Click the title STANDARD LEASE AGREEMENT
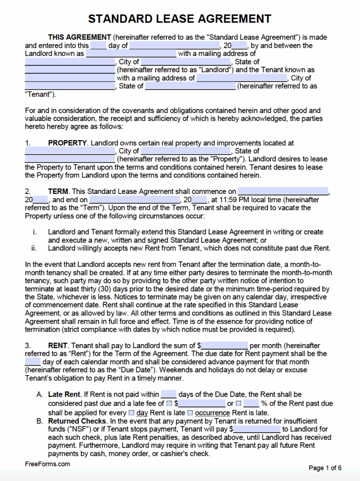(x=180, y=19)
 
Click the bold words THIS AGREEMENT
(x=79, y=37)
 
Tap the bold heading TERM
(x=59, y=192)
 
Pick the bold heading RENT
(x=58, y=345)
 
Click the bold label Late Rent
(x=65, y=395)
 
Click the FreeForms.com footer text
(x=47, y=464)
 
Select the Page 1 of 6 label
(x=325, y=468)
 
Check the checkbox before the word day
(x=131, y=413)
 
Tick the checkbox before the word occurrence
(x=190, y=413)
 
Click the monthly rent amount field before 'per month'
(x=224, y=346)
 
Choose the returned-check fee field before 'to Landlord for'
(x=256, y=429)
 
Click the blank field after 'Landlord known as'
(x=131, y=54)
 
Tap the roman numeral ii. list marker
(x=35, y=248)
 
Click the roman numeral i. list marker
(x=35, y=232)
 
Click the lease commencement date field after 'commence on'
(x=283, y=192)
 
